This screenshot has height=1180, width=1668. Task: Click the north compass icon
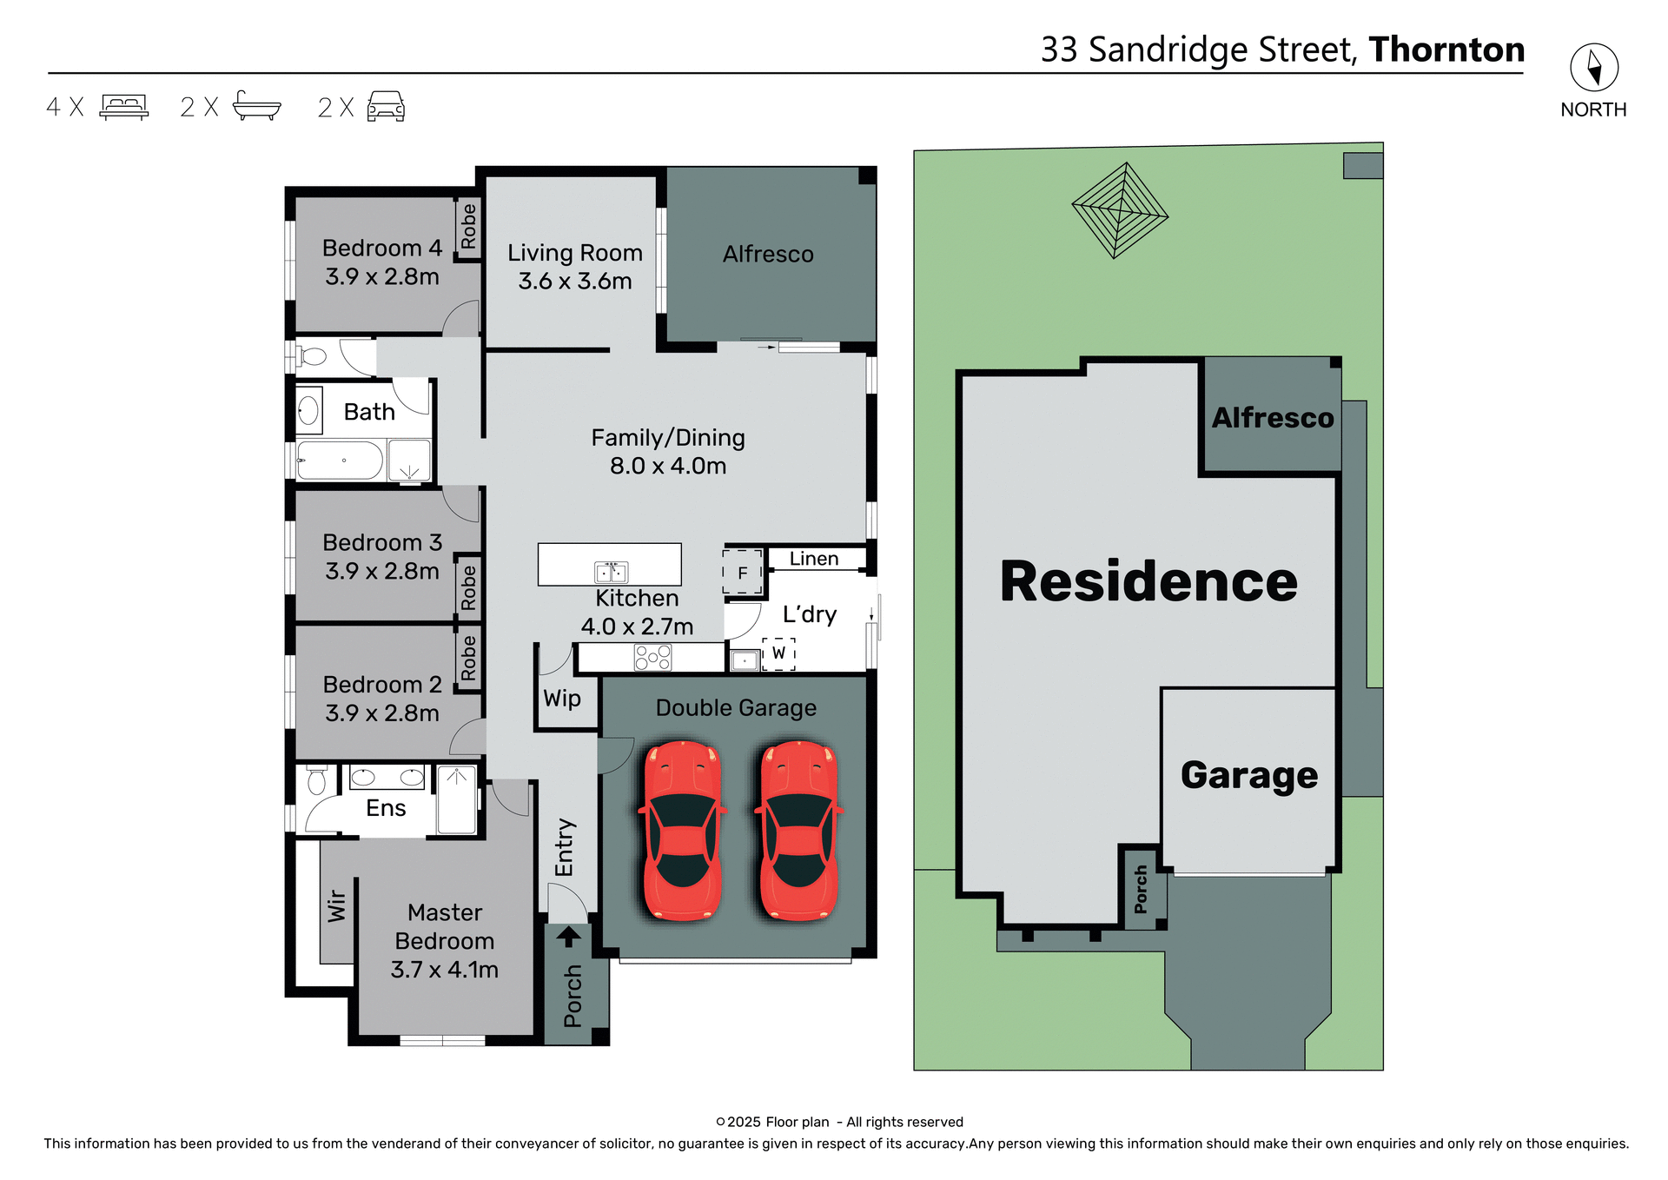pos(1593,67)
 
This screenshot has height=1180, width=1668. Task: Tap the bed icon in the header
pos(124,106)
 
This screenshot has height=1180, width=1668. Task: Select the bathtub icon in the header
pos(257,105)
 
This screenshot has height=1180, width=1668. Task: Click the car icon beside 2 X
pos(386,106)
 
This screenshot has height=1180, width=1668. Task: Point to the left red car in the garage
pos(683,830)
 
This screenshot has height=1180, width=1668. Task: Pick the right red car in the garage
pos(798,830)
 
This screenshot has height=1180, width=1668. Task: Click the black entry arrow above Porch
pos(568,936)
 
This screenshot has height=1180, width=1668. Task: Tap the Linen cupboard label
pos(814,559)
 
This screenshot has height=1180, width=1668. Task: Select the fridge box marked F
pos(743,573)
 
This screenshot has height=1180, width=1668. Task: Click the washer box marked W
pos(778,653)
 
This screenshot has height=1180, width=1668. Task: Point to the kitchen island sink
pos(611,572)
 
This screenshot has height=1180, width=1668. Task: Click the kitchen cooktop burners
pos(652,658)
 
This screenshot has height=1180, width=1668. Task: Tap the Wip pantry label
pos(562,699)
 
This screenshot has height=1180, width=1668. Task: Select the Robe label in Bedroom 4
pos(469,227)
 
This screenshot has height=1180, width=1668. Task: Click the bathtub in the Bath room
pos(340,461)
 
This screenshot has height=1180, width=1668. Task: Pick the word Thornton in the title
pos(1446,50)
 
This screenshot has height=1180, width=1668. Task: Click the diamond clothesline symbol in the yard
pos(1120,210)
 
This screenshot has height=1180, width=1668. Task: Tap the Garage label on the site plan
pos(1248,774)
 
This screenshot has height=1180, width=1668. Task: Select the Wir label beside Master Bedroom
pos(337,906)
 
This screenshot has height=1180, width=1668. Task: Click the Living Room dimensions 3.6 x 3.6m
pos(575,282)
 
